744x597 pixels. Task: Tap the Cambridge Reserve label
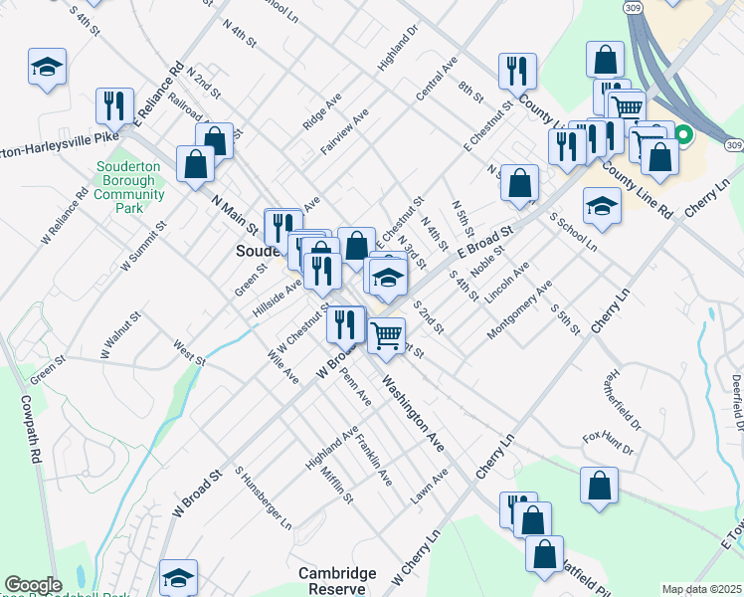click(337, 581)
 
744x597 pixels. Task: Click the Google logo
click(33, 585)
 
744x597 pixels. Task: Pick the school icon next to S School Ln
click(602, 204)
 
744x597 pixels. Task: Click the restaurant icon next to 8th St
click(517, 70)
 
